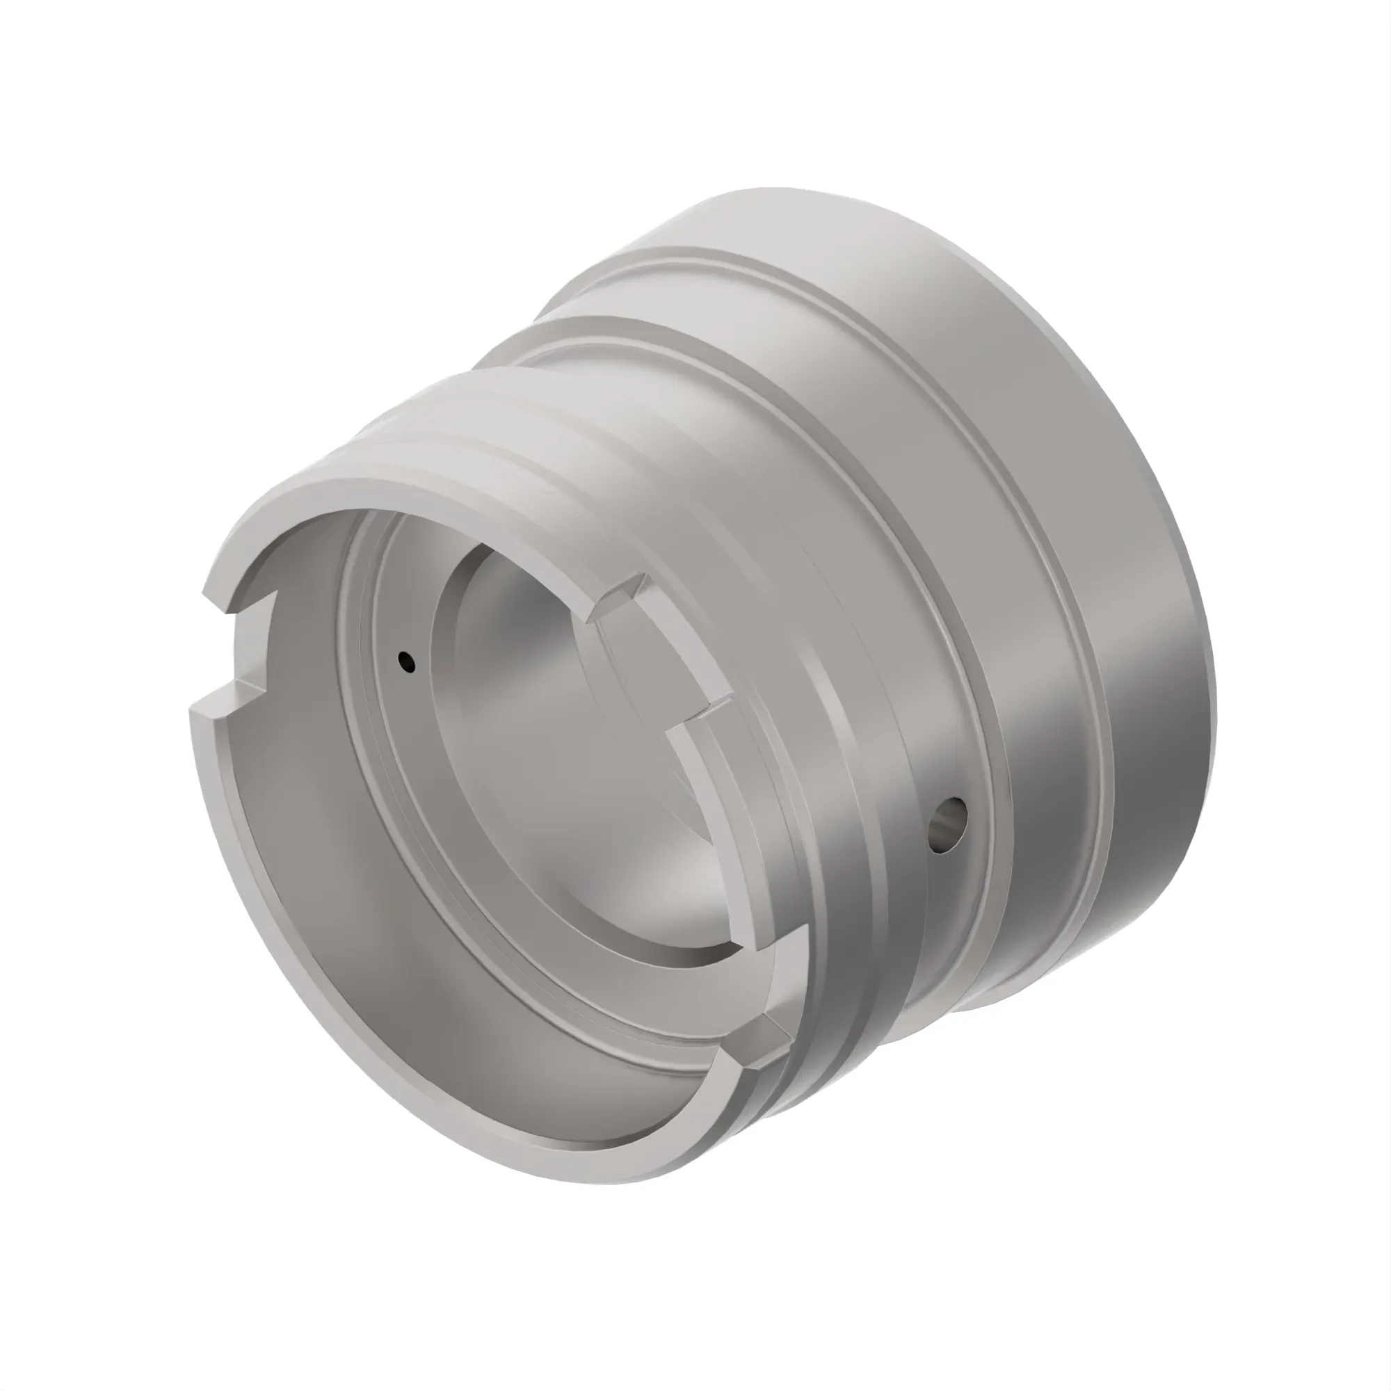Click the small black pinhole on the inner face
pos(408,659)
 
